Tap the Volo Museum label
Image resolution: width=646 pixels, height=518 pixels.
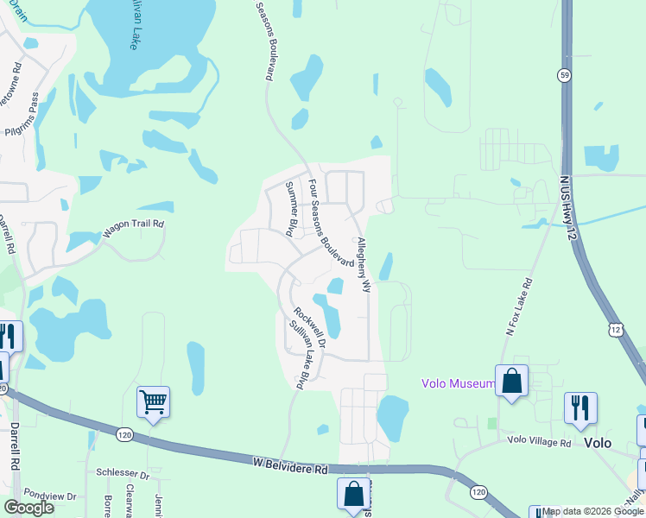(458, 383)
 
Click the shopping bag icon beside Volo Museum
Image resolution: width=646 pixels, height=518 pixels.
(511, 380)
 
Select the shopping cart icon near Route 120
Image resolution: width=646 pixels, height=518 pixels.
(153, 401)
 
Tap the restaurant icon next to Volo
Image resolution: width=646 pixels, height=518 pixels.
(580, 407)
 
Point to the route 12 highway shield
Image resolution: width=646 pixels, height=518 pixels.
(615, 330)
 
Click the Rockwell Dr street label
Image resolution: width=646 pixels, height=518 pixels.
(307, 329)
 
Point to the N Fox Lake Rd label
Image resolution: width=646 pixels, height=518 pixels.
(519, 306)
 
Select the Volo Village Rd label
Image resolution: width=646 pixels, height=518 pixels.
(540, 443)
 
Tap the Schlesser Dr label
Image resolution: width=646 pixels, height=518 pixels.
(123, 475)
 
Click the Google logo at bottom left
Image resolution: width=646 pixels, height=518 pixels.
(28, 507)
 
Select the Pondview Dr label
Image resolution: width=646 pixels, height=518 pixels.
(49, 496)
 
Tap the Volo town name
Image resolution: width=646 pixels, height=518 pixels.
(598, 443)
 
